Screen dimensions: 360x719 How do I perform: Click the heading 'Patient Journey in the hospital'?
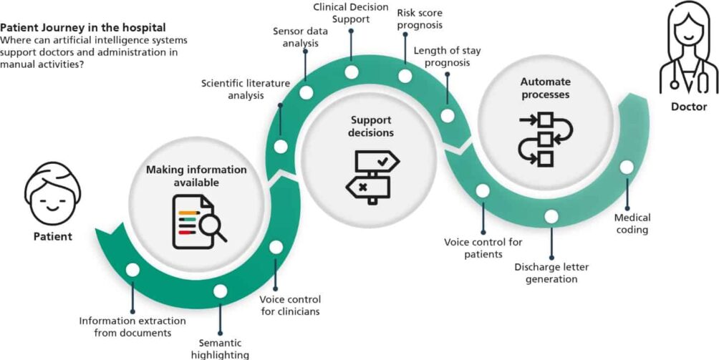coord(82,28)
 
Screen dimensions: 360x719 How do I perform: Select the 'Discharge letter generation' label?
coord(551,273)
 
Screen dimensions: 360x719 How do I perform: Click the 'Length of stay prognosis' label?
coord(442,56)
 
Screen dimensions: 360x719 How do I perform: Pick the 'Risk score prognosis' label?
coord(420,19)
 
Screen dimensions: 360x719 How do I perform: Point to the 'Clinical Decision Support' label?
coord(351,13)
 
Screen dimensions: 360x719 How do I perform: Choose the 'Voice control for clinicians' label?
coord(289,305)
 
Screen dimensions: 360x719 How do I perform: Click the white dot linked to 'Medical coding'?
coord(627,167)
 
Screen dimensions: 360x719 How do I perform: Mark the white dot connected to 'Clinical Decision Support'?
coord(351,72)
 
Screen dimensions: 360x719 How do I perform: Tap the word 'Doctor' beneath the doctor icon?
coord(689,107)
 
